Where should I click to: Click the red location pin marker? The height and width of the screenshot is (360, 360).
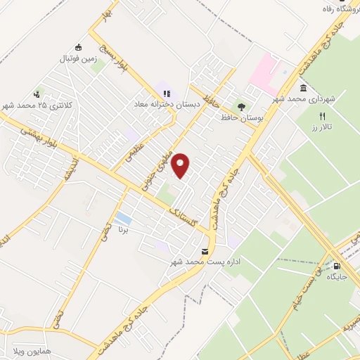coord(181,166)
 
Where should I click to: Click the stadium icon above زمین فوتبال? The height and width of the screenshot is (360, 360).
coord(78,48)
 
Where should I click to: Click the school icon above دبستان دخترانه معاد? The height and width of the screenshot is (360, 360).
coord(167,93)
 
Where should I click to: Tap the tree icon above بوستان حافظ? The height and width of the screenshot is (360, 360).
coord(242,108)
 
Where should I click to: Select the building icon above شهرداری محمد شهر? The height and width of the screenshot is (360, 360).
coord(303,88)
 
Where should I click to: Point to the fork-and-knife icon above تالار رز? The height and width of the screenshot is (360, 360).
coord(323,116)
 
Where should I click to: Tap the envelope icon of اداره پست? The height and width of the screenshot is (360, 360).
coord(205,251)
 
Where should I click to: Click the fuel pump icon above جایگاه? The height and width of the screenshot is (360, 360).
coord(336,266)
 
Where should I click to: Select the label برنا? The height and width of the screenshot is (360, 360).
coord(124,229)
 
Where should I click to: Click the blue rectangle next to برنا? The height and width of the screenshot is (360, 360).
coord(124,217)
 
